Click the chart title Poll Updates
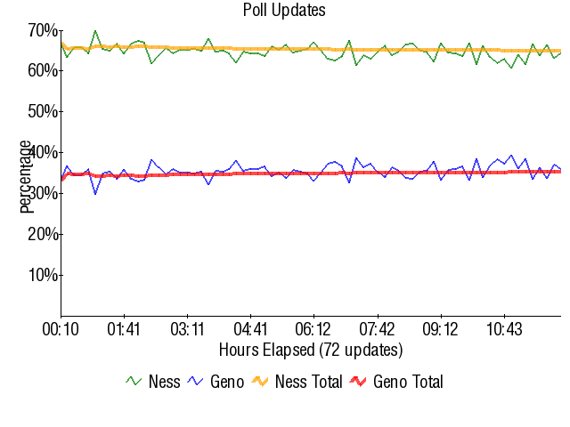284,11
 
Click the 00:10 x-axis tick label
61,329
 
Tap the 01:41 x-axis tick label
124,329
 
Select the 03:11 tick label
188,329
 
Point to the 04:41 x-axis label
251,329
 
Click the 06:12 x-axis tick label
314,329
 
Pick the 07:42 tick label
378,329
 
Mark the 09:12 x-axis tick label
441,329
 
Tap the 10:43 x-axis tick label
504,329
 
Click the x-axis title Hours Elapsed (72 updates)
310,349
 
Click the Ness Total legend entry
296,382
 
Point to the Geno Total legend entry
395,382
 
